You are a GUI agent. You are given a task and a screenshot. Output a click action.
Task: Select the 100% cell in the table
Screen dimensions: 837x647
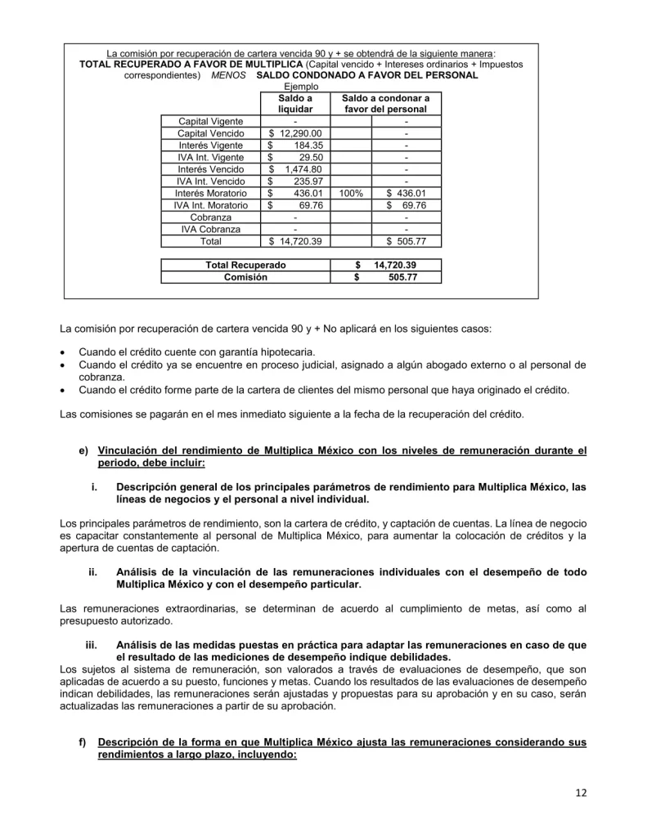click(351, 194)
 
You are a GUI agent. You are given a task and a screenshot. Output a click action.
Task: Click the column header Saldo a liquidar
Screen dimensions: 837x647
click(295, 103)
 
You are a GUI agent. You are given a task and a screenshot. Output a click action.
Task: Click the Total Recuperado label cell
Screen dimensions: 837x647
click(245, 266)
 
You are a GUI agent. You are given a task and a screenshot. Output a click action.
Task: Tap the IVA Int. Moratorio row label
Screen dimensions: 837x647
click(210, 206)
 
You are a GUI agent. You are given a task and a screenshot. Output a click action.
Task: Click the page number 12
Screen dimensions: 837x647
click(581, 792)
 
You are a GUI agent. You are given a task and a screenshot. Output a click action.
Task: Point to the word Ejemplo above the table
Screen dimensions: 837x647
click(301, 87)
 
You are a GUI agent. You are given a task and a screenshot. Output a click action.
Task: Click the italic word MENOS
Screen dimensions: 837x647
click(228, 75)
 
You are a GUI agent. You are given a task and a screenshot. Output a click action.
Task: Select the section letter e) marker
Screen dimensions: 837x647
click(83, 450)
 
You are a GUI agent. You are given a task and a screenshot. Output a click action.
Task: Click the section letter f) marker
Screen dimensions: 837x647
click(83, 742)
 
